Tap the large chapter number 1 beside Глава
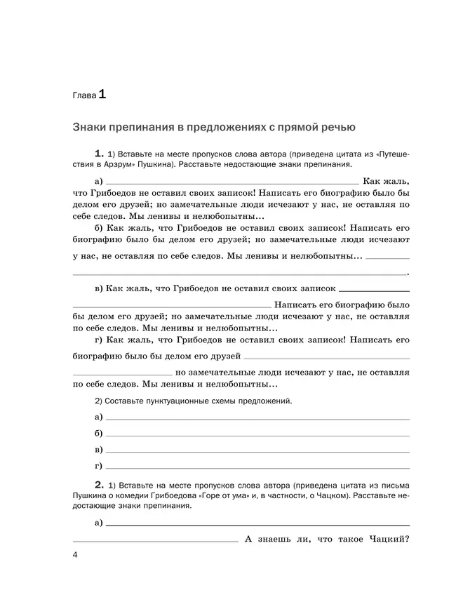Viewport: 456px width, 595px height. (x=102, y=93)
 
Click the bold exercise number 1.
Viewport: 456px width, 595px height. (x=98, y=153)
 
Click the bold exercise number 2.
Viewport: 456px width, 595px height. (x=98, y=485)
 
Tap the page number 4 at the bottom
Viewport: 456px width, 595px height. (x=76, y=556)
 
